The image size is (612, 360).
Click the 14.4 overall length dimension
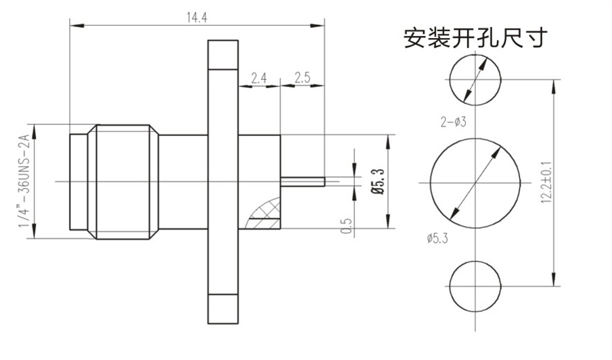(197, 17)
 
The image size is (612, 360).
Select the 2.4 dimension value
(259, 78)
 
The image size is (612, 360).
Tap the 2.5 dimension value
(302, 78)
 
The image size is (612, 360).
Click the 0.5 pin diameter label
(346, 225)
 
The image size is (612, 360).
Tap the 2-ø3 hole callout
(454, 122)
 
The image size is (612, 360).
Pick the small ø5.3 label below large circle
(437, 239)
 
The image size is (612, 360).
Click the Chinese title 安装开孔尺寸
(474, 38)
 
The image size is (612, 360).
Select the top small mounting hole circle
(476, 78)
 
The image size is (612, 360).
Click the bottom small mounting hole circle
(476, 286)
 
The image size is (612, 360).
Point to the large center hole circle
(476, 182)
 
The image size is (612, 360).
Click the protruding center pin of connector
(302, 181)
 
